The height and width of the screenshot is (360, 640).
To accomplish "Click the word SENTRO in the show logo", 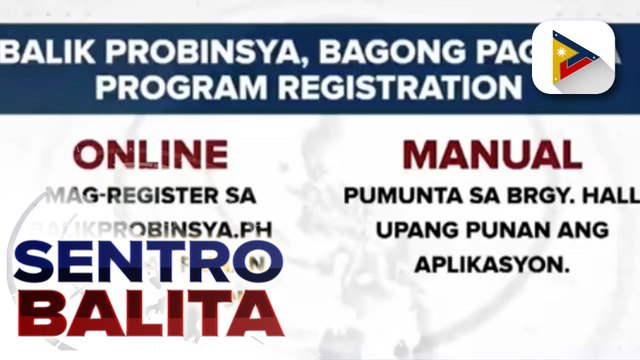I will pyautogui.click(x=150, y=267).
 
